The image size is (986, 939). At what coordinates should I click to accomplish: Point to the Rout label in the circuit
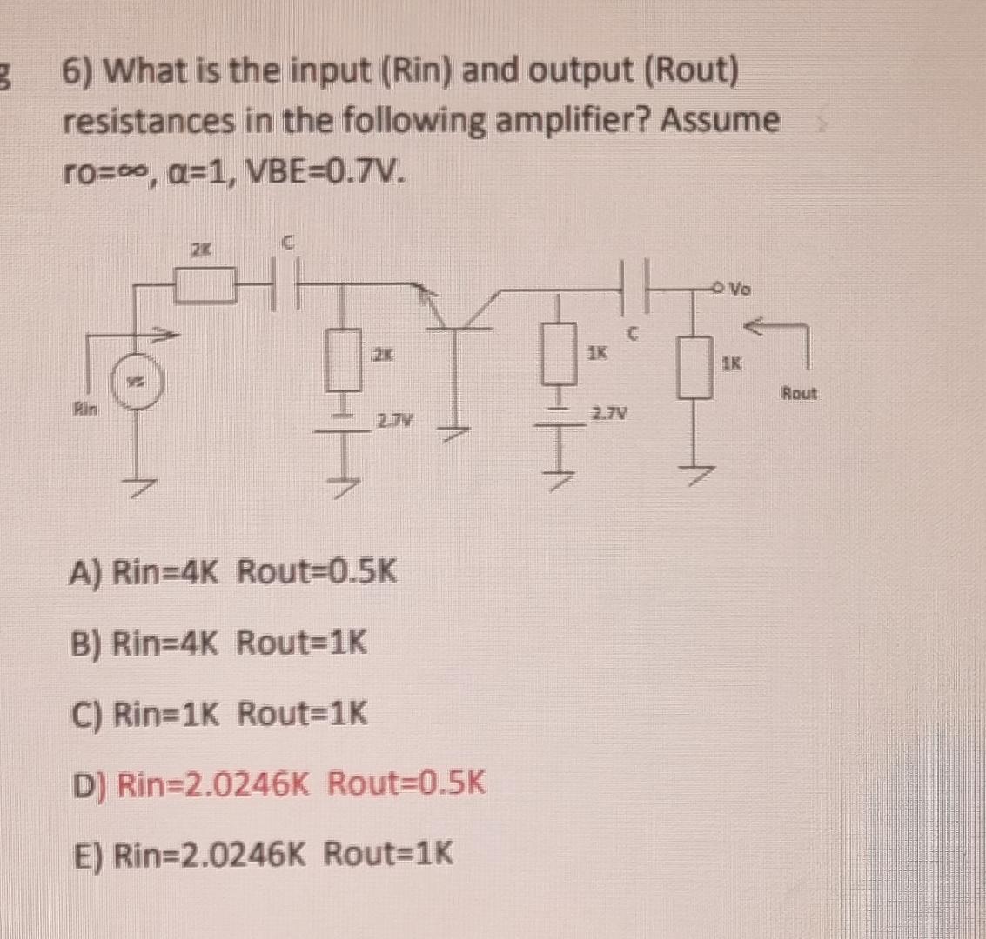[x=798, y=393]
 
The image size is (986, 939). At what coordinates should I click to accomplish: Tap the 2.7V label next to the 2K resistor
[x=388, y=423]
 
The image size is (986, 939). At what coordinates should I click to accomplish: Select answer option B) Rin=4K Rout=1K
[x=218, y=644]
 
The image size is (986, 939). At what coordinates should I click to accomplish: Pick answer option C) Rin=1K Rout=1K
[x=218, y=716]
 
